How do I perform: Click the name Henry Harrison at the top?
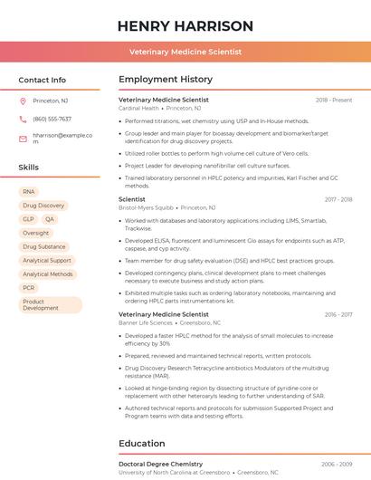click(185, 25)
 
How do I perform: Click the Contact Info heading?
click(43, 80)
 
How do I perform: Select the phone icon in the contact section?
click(23, 119)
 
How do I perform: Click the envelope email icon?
click(23, 139)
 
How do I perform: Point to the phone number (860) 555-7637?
click(52, 119)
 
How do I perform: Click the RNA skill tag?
click(29, 192)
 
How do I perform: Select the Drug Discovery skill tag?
click(43, 206)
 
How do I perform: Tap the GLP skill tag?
click(28, 219)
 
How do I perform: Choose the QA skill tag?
click(50, 219)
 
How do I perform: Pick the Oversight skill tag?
click(36, 233)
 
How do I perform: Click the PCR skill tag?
click(29, 288)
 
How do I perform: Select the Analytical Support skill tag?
click(47, 261)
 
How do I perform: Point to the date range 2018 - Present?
click(334, 100)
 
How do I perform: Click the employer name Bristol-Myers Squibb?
click(145, 207)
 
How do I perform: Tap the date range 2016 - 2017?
click(338, 314)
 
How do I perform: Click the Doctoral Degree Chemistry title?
click(160, 464)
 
